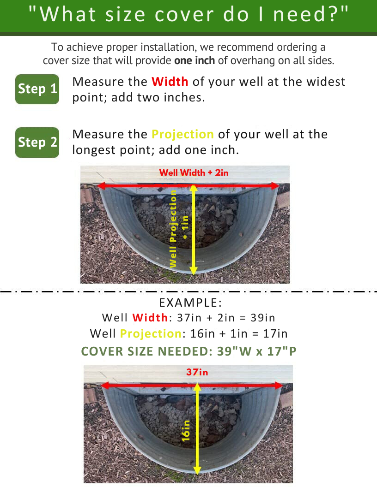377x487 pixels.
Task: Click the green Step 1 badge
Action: [37, 89]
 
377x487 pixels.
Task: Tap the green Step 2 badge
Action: [37, 143]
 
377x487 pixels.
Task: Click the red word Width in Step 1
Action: [170, 82]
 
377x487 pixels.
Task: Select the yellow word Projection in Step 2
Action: [182, 135]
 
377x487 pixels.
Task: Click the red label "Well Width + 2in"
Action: [194, 172]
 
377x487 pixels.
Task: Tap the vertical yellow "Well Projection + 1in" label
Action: [178, 228]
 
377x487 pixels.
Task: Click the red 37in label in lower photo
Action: [197, 372]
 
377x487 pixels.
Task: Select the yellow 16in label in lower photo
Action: [186, 430]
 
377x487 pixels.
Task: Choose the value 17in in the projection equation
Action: [275, 333]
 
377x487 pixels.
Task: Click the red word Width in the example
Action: [150, 318]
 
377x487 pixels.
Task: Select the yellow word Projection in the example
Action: [150, 333]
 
